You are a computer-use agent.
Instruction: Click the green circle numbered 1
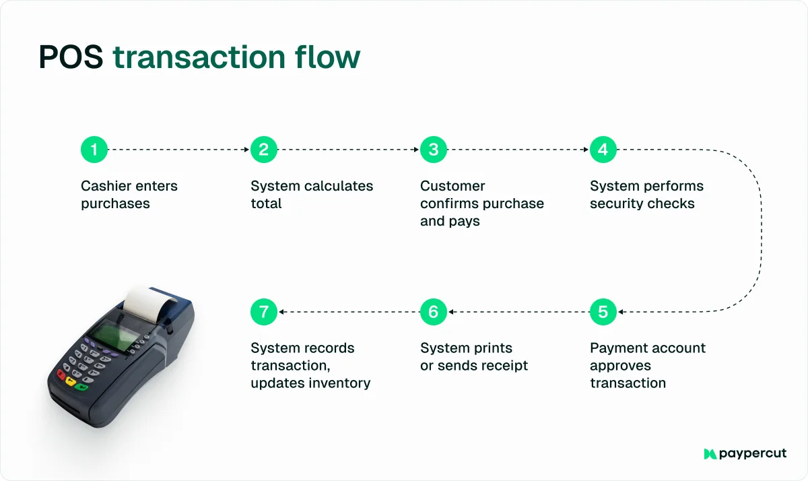coord(94,150)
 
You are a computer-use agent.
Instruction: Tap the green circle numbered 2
coord(264,150)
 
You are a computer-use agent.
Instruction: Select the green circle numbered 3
coord(434,150)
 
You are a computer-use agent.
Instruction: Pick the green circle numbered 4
coord(603,150)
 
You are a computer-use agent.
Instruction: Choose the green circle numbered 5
coord(603,312)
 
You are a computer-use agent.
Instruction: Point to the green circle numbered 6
coord(434,312)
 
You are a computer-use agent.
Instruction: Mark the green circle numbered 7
coord(264,312)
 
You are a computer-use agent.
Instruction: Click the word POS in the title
coord(71,58)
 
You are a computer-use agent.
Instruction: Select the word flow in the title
coord(327,58)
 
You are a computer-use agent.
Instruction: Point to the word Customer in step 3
coord(452,186)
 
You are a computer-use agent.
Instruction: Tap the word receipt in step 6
coord(502,366)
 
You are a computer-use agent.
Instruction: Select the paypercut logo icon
coord(710,454)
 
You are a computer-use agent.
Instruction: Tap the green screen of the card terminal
coord(114,332)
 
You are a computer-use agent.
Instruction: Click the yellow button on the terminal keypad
coord(71,381)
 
